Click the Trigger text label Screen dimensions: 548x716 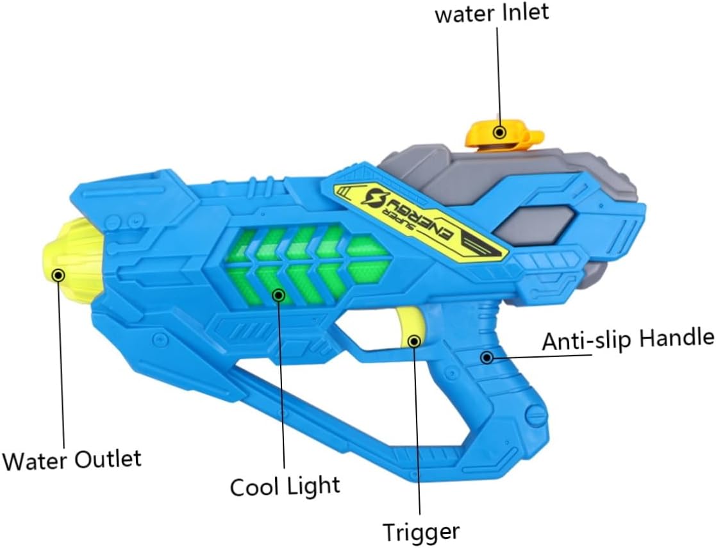coord(420,532)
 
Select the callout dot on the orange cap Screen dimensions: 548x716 coord(499,132)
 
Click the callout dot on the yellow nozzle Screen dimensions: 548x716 coord(58,275)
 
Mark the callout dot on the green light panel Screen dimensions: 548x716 coord(278,295)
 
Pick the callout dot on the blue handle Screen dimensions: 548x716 coord(487,357)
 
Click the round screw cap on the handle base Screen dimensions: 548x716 coord(535,417)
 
